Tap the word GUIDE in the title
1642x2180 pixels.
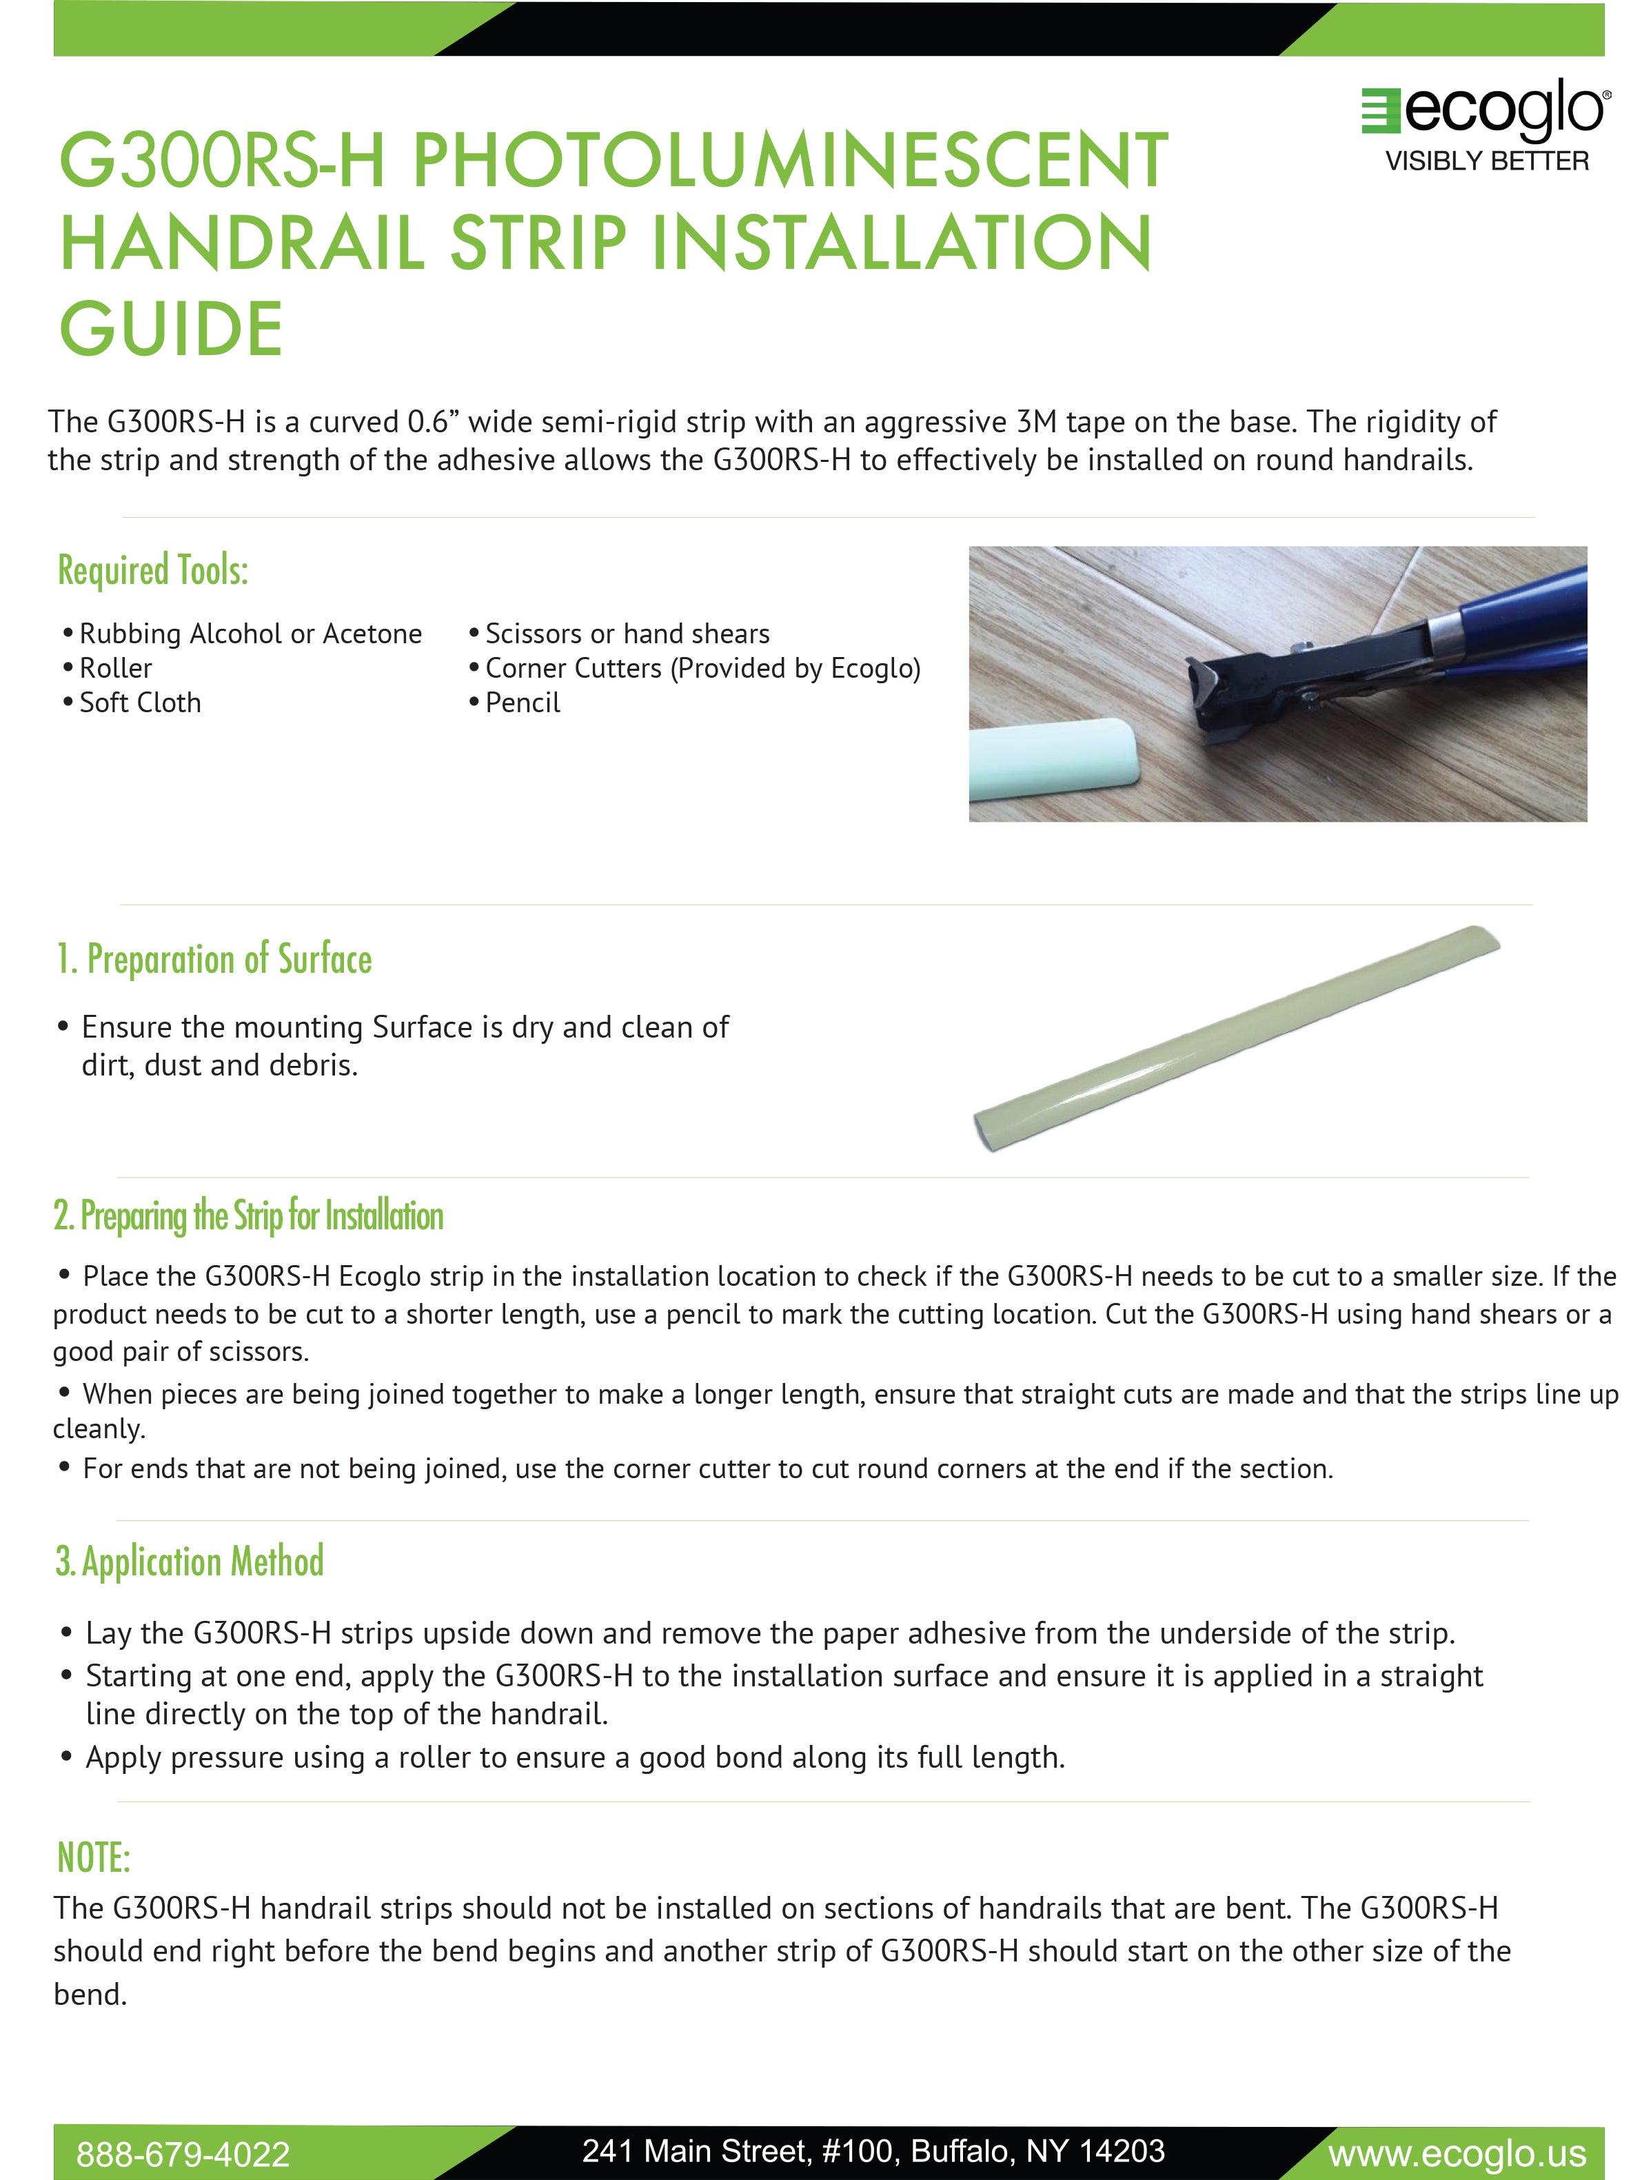[172, 329]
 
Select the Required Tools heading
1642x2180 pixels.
[153, 569]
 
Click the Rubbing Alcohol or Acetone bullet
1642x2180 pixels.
[250, 634]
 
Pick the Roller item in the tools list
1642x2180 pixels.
[115, 668]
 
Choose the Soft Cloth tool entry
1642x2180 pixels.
[140, 703]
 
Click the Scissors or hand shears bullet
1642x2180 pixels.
[627, 634]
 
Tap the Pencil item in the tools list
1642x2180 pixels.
[523, 703]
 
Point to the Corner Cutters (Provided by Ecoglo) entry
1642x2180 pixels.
[702, 668]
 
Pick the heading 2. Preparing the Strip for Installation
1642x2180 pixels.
[248, 1215]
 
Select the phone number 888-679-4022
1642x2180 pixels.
[183, 2153]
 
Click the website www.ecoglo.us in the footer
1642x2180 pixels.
[1457, 2153]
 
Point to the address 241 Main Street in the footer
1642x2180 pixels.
[873, 2150]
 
